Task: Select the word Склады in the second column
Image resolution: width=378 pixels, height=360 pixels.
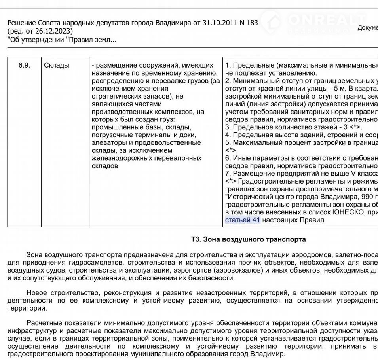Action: (56, 65)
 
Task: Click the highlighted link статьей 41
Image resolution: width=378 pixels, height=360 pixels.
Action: (242, 220)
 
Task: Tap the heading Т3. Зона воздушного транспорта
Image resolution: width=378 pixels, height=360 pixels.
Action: (248, 239)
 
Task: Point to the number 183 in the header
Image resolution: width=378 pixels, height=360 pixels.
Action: (252, 23)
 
